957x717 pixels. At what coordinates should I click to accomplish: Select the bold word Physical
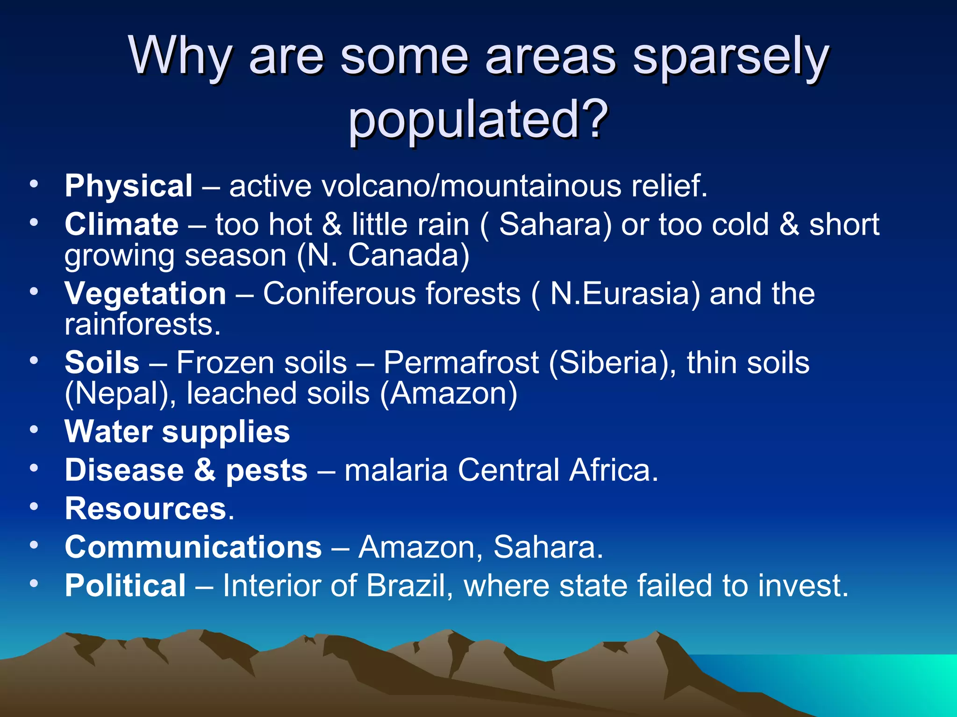tap(129, 186)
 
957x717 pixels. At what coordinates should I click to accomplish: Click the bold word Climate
tap(121, 225)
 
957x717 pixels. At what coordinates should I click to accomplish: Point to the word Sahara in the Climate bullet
tap(551, 225)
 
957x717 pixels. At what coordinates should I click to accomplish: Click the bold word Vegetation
tap(145, 294)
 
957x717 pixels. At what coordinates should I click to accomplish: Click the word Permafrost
tap(461, 363)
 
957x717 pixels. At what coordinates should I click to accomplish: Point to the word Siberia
tap(609, 363)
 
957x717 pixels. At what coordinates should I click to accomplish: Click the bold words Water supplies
tap(177, 431)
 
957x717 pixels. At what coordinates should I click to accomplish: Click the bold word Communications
tap(193, 547)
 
